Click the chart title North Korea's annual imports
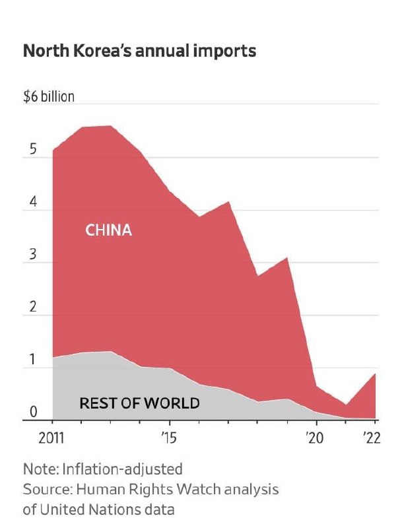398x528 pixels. click(139, 51)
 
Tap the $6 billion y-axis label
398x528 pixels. click(49, 96)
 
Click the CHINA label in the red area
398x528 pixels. click(109, 230)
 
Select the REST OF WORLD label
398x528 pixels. click(139, 402)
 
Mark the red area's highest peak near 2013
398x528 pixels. click(110, 126)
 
